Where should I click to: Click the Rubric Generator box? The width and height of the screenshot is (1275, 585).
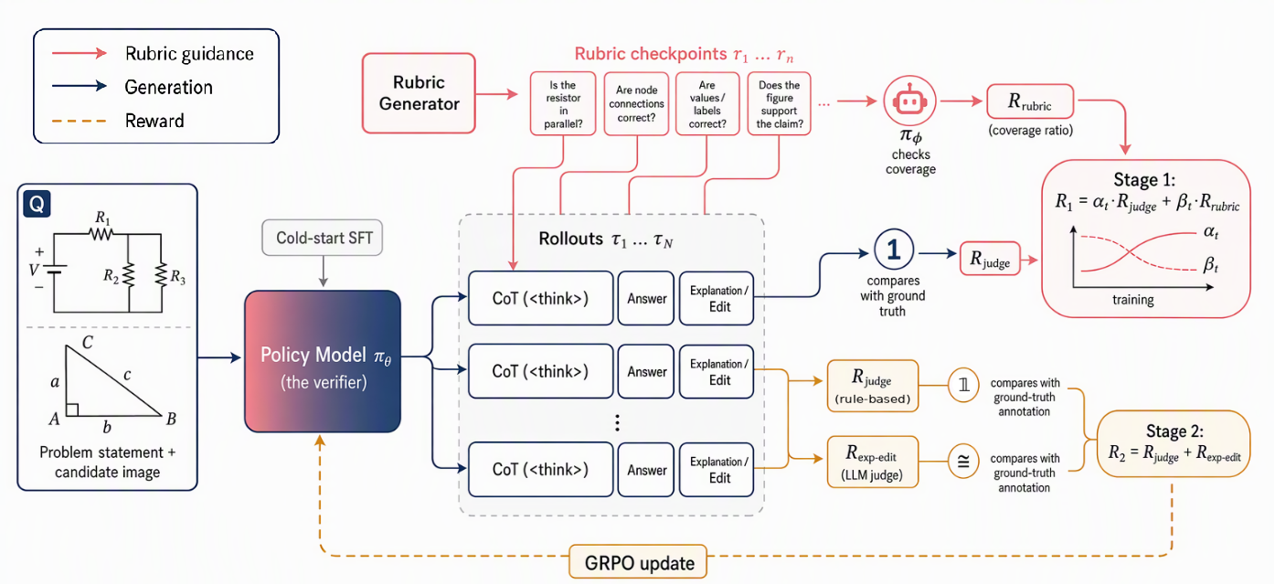tap(419, 93)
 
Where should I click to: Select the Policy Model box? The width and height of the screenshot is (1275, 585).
tap(323, 361)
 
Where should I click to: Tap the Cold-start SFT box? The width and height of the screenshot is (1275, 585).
tap(322, 238)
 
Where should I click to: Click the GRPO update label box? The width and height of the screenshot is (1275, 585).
tap(638, 562)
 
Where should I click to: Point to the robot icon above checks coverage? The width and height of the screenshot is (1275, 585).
tap(909, 101)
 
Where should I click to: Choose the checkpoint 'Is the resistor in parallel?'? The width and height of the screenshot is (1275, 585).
tap(563, 103)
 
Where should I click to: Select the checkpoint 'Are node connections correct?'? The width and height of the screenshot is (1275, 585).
tap(636, 103)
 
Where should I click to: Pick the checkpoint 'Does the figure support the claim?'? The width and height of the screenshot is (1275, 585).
tap(779, 103)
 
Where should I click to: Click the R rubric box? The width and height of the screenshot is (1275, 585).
tap(1030, 101)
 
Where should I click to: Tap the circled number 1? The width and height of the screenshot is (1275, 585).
tap(894, 250)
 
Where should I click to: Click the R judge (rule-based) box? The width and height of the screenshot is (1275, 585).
tap(873, 385)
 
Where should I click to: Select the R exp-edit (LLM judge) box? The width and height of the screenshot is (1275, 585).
tap(873, 462)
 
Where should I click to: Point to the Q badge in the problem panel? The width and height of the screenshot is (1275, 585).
tap(37, 204)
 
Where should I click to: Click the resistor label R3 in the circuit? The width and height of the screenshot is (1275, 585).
tap(177, 277)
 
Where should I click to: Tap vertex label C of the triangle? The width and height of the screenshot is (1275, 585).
tap(87, 343)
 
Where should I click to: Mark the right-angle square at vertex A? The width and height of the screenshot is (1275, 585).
tap(72, 409)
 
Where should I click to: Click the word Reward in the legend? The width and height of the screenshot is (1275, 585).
tap(154, 121)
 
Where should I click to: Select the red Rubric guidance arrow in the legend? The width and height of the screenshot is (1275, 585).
tap(80, 54)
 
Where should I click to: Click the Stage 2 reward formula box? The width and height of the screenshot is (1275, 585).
tap(1174, 443)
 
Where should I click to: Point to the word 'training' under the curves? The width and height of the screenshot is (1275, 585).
tap(1132, 300)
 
